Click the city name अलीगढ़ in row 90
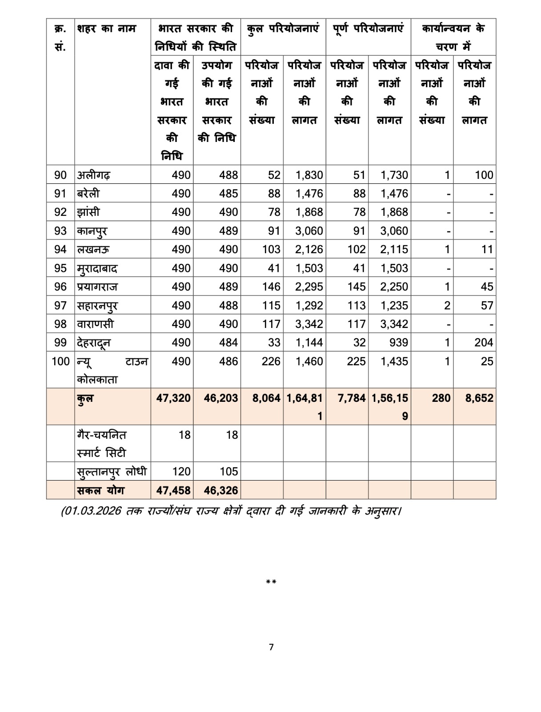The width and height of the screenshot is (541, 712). click(94, 175)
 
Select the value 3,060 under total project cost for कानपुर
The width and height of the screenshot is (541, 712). click(309, 231)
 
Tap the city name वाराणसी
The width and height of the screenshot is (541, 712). click(95, 324)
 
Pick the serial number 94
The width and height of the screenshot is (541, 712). click(60, 250)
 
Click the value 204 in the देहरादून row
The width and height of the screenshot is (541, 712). click(483, 343)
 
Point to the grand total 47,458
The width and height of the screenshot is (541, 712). click(173, 490)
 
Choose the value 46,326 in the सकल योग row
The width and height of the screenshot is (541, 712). click(221, 490)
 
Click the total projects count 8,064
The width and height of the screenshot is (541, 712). click(266, 398)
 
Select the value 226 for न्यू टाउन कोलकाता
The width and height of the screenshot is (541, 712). click(271, 361)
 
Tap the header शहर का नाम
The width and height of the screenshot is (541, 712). click(107, 29)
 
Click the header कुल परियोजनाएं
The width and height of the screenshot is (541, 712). click(283, 29)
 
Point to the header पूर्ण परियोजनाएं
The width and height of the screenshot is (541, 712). click(369, 29)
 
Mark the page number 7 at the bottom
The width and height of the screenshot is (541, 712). click(271, 647)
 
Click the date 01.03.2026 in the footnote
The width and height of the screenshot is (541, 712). click(92, 511)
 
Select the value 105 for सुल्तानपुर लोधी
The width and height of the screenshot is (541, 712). click(228, 472)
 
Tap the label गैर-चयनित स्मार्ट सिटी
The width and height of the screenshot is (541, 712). click(101, 444)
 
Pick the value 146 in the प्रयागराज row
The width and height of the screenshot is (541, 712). click(271, 287)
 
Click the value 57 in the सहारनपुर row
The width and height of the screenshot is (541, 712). click(487, 306)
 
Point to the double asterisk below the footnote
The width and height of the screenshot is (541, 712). click(271, 582)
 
